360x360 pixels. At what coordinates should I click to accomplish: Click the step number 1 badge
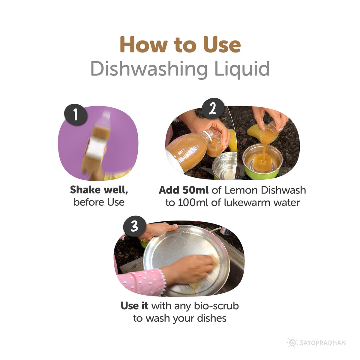point(76,114)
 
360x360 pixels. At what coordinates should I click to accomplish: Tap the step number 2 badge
point(213,108)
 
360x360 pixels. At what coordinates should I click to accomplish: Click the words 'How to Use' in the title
point(180,45)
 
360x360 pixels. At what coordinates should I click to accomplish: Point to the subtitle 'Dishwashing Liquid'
point(180,69)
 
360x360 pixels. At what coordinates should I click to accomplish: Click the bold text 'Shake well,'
point(99,190)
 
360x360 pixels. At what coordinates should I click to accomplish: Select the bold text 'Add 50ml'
point(184,190)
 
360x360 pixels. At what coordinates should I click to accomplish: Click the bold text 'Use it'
point(134,306)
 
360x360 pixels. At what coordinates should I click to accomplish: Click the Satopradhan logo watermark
point(317,342)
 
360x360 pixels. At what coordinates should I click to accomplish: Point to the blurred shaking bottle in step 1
point(97,144)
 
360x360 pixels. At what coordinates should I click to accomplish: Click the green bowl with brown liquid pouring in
point(262,162)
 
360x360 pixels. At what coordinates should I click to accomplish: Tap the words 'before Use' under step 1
point(99,202)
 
